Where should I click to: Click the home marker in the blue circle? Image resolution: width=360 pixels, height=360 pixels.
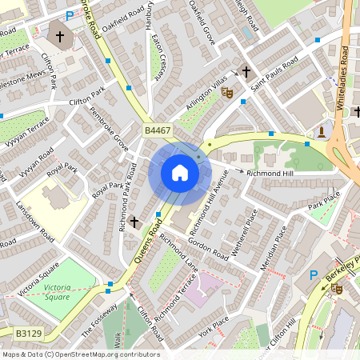[180, 173]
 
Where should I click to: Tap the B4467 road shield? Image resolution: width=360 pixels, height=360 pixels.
[158, 130]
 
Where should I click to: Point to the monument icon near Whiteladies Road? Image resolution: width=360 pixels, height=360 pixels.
[321, 131]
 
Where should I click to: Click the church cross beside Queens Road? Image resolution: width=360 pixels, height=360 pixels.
[134, 221]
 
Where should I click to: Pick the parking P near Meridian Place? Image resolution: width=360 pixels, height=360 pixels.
[314, 274]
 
